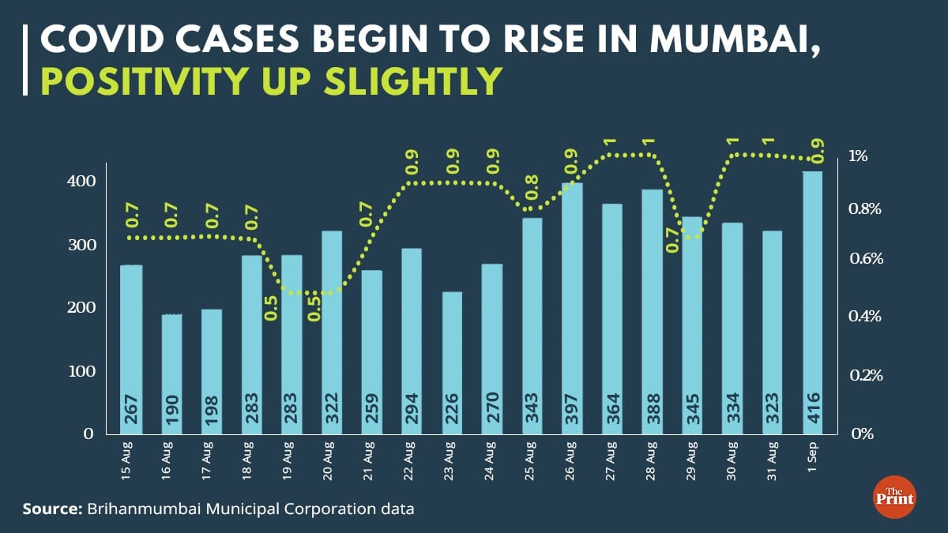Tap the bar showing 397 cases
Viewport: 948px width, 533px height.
(x=573, y=308)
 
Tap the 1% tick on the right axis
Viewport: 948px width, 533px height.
(x=859, y=156)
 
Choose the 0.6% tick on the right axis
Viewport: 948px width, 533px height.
(x=865, y=259)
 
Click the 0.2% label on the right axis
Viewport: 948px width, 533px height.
(x=865, y=375)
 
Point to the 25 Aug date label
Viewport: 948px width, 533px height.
(x=532, y=462)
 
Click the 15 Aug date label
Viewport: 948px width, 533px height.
(x=131, y=462)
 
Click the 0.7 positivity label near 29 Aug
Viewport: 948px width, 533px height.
(x=672, y=238)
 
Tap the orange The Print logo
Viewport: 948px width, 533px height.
(x=893, y=498)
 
